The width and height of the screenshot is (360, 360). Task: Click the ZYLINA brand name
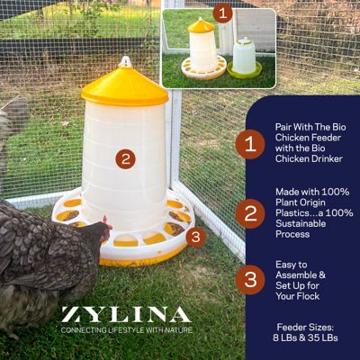[125, 315]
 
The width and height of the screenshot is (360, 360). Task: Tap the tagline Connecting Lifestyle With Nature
[125, 331]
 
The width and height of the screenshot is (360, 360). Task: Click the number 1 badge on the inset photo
[224, 13]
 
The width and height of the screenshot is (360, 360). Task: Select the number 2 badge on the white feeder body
[126, 158]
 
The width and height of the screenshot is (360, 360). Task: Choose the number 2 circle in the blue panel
[249, 211]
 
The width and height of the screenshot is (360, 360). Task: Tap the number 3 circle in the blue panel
[249, 279]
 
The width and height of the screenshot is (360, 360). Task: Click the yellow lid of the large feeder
[124, 86]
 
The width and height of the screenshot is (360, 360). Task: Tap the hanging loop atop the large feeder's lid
[126, 61]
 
